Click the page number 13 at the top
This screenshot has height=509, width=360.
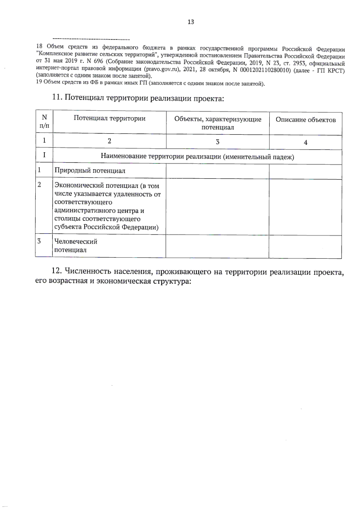[191, 22]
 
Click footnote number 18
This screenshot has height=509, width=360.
[39, 46]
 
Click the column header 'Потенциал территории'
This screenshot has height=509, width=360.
[109, 118]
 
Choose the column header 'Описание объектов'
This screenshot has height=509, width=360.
[305, 120]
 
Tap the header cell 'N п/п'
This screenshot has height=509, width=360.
[44, 122]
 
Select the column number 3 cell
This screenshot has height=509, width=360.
[217, 142]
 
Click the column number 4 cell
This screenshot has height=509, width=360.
[305, 143]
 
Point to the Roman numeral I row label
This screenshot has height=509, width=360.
[44, 155]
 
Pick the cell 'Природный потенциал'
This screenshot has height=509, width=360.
[90, 171]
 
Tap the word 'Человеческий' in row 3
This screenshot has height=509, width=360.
[76, 242]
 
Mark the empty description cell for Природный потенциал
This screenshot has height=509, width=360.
[305, 171]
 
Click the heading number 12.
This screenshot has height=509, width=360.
[57, 271]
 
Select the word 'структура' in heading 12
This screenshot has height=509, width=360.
[172, 282]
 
